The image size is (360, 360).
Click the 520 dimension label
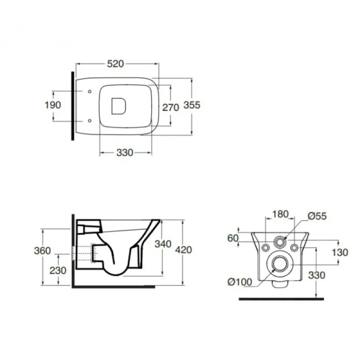pos(116,64)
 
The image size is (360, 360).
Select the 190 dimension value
pos(53,105)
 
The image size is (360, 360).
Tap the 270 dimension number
pos(170,108)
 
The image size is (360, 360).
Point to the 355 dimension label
pos(192,105)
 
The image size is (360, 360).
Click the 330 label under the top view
pos(125,153)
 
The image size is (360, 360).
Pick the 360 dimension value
pos(42,250)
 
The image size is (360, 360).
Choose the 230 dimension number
pos(58,270)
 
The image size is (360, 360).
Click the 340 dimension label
pos(163,244)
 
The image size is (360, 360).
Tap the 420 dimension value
pos(184,250)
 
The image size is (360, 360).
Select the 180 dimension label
pos(280,214)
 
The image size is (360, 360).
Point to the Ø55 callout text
pos(317,216)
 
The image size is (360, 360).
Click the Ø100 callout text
pos(240,282)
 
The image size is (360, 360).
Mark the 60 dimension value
pos(233,238)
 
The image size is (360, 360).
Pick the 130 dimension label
pos(340,252)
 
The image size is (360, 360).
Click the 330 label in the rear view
pos(317,275)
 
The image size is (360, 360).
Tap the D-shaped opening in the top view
pos(119,106)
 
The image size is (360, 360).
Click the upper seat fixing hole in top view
pos(90,92)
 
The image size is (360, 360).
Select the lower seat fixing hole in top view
pos(90,120)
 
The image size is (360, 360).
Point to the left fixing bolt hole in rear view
pos(266,248)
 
